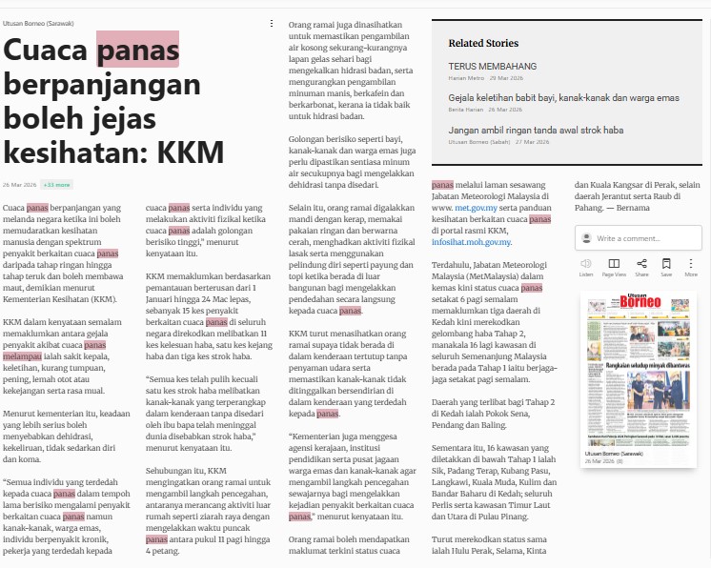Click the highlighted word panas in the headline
click(137, 49)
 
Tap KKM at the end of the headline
click(192, 152)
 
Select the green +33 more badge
click(57, 184)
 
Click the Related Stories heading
click(483, 43)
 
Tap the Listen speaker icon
click(585, 263)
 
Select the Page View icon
click(613, 263)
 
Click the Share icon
click(641, 263)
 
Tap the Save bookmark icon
click(666, 263)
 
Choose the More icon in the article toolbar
click(691, 263)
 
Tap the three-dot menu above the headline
click(271, 23)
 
